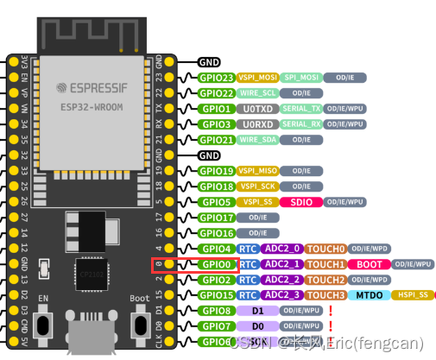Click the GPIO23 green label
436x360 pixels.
(216, 78)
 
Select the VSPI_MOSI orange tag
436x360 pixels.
(257, 78)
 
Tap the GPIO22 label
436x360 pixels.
(216, 93)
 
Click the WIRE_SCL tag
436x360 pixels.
(258, 93)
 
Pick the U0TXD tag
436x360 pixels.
(258, 109)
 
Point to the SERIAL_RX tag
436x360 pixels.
(303, 124)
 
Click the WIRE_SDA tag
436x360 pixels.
(258, 140)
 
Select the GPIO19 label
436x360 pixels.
(216, 171)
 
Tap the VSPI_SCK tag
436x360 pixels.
(258, 186)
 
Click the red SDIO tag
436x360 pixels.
(302, 202)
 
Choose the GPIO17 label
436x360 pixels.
(216, 218)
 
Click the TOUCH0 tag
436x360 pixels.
(327, 249)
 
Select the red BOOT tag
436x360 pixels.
(370, 264)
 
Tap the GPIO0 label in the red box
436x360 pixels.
(216, 264)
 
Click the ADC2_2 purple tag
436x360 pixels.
(282, 280)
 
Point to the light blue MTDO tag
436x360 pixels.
(370, 295)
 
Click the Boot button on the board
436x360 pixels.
(137, 327)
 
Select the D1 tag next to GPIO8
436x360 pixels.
(257, 311)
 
